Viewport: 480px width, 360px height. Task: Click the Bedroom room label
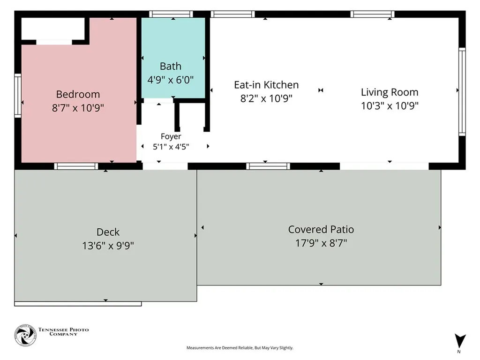78,94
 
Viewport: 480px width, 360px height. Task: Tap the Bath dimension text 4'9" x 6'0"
171,80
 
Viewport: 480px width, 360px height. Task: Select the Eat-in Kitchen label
266,85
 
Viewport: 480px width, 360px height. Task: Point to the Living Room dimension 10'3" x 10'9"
390,105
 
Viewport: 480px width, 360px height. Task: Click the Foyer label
171,136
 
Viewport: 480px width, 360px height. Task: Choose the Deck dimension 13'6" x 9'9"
108,246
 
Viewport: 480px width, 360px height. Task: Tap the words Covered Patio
321,229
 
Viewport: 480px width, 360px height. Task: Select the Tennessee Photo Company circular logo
25,335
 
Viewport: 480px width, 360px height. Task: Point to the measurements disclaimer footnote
240,348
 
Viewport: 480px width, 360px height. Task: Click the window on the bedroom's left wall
18,96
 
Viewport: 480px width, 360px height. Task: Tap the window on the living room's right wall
462,91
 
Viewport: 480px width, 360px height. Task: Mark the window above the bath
171,14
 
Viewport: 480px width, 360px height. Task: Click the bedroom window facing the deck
76,166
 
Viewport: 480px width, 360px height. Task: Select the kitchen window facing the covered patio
268,166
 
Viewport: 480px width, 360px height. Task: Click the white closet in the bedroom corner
52,29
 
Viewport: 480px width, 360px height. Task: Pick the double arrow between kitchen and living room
321,90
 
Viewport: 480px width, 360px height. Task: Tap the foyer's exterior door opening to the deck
165,166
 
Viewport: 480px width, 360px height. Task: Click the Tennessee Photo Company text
63,331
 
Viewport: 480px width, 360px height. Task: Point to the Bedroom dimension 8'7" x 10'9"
78,108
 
